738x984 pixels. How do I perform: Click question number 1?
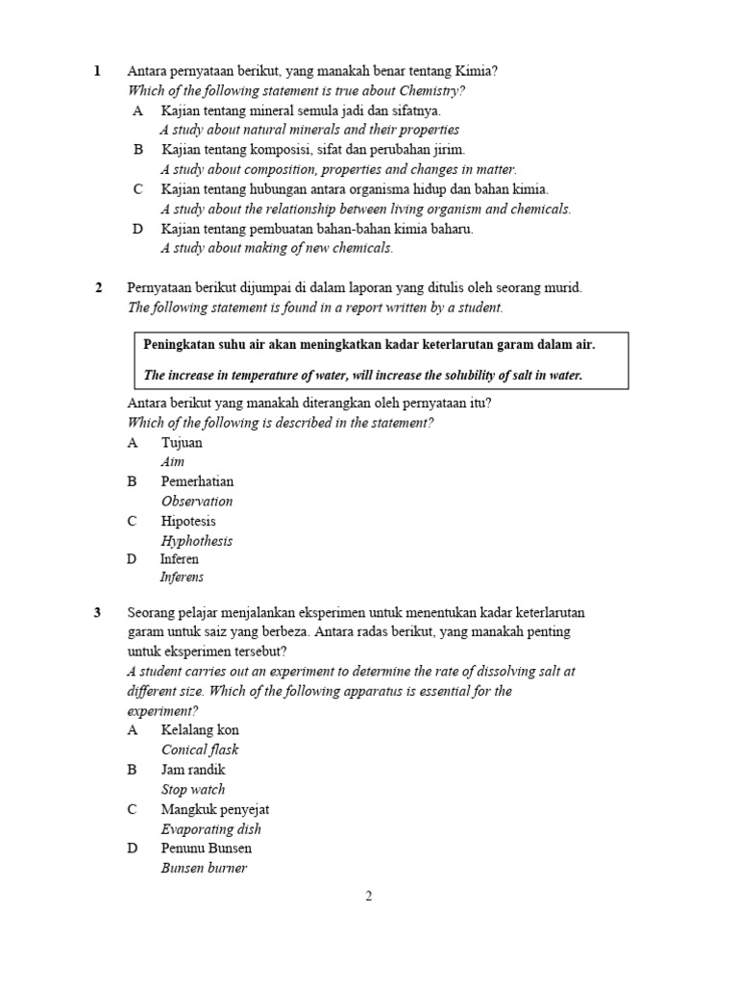[97, 71]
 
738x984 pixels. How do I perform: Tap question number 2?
[98, 287]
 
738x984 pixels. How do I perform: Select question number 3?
[98, 612]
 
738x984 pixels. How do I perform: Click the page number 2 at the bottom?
[368, 896]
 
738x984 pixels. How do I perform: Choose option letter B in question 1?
[138, 150]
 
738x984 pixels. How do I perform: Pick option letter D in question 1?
[138, 230]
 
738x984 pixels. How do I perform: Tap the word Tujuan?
[182, 443]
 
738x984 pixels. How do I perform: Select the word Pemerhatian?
[197, 481]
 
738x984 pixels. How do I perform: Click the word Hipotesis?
[188, 521]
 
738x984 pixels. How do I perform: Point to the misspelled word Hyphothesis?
[197, 541]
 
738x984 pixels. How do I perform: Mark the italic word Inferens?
[182, 578]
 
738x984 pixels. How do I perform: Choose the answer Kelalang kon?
[200, 730]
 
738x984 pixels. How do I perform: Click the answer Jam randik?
[193, 770]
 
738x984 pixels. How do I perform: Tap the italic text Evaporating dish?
[210, 829]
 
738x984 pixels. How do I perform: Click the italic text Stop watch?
[193, 790]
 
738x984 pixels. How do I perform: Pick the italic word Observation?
[197, 502]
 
